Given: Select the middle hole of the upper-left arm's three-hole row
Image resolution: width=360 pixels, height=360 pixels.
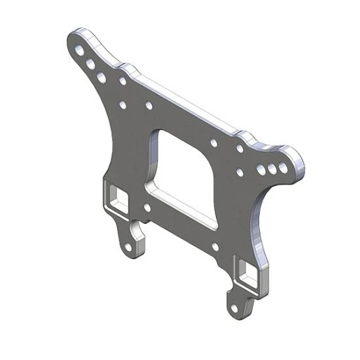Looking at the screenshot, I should [x=89, y=63].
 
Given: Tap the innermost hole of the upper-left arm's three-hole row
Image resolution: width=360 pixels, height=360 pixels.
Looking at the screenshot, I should [x=101, y=77].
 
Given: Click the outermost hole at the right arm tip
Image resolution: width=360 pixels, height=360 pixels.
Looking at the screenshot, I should [x=283, y=168].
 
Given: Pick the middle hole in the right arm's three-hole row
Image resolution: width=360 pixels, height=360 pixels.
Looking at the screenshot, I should [x=272, y=170].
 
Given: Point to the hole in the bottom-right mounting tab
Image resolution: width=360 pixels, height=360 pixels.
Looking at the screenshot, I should [x=235, y=306].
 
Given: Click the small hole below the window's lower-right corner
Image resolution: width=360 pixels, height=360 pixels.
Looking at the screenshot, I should [x=215, y=247].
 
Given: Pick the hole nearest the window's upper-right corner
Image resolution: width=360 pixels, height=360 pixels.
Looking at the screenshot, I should [x=214, y=142].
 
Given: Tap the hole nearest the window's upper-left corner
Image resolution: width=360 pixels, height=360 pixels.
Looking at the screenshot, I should [x=149, y=105].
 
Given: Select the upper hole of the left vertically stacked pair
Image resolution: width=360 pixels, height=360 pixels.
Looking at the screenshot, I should [x=122, y=81].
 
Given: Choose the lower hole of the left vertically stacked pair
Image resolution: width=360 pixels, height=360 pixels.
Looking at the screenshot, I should [x=122, y=104].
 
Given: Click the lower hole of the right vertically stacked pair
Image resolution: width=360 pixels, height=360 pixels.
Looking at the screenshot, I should [x=240, y=173].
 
